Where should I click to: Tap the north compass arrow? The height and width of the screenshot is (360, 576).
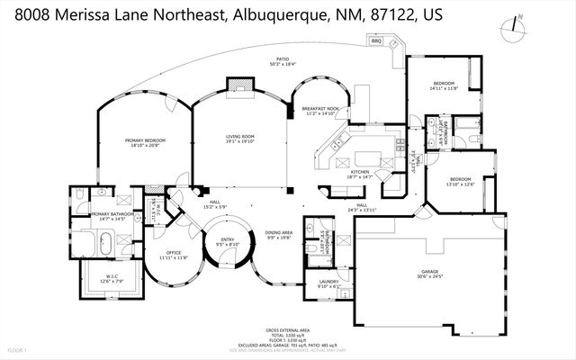pos(511,28)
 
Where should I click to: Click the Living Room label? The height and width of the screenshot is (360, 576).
pos(239,136)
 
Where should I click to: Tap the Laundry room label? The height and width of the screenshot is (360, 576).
pos(328,283)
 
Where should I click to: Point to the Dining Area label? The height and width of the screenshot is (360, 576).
pos(278,233)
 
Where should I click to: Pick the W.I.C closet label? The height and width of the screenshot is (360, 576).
pos(112,276)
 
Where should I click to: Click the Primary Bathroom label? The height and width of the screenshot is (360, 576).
pos(112,214)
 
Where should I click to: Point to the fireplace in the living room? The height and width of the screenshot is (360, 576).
pos(238,84)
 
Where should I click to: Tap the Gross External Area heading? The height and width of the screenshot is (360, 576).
pos(288,330)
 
